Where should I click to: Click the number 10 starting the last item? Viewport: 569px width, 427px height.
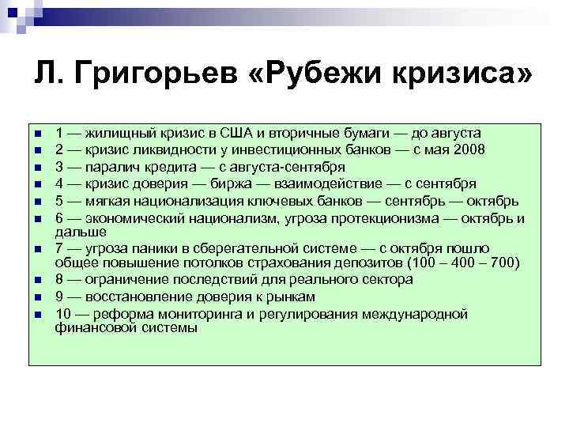coord(63,313)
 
